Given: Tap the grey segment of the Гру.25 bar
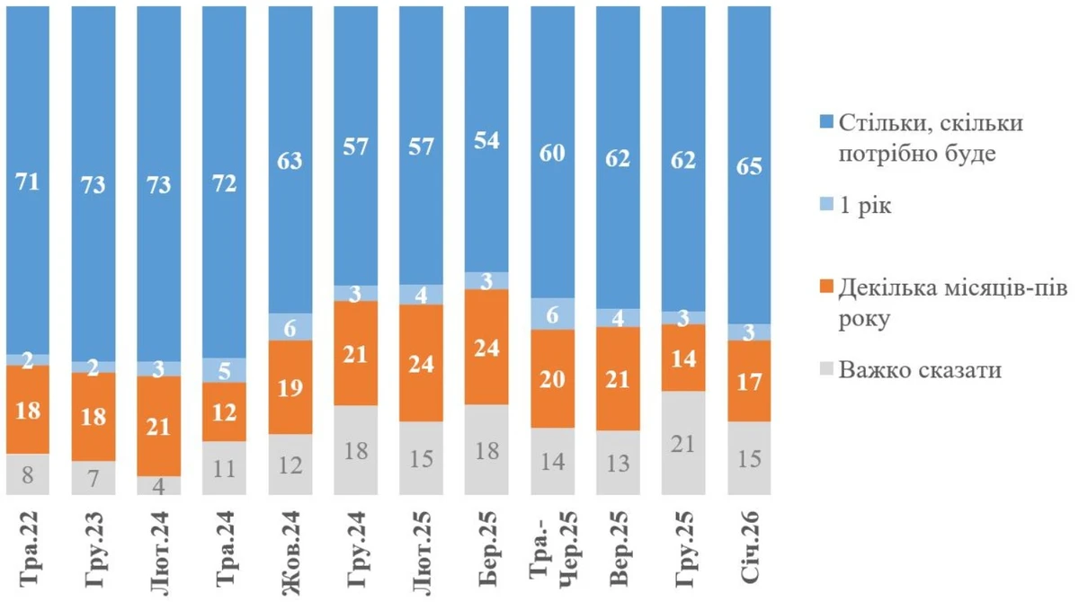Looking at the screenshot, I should click(x=683, y=442).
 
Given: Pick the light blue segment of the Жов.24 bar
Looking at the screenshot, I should click(x=290, y=327).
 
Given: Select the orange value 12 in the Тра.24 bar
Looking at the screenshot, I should click(x=225, y=412).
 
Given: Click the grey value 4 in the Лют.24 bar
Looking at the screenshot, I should click(x=159, y=485).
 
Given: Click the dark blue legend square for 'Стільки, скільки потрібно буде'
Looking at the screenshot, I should click(x=825, y=122).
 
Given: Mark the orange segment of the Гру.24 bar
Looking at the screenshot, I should click(x=356, y=353).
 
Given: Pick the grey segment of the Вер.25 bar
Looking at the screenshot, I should click(x=619, y=462).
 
